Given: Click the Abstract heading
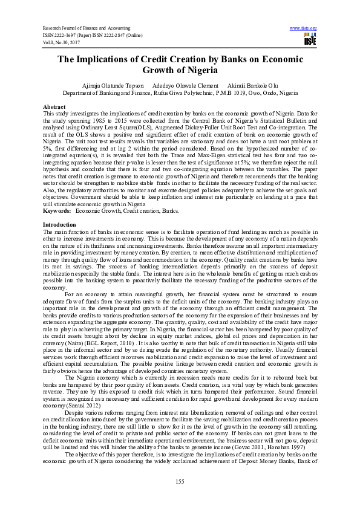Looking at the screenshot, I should click(x=54, y=106).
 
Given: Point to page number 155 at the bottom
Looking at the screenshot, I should click(x=180, y=481).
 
